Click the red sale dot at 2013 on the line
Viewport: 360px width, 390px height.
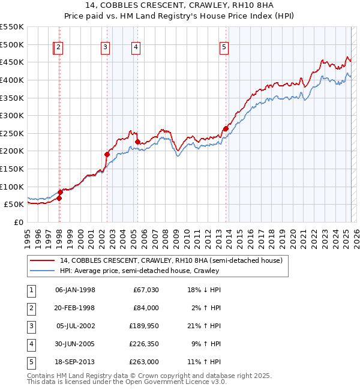point(226,128)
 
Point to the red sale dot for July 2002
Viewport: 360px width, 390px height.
point(107,154)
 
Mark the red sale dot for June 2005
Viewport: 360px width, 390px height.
point(138,142)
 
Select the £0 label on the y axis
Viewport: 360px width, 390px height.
point(18,222)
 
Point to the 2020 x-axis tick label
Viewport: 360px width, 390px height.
point(293,235)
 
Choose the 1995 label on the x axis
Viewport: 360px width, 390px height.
point(28,235)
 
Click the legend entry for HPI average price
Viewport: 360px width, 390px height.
point(139,271)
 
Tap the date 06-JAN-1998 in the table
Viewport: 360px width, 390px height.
point(74,290)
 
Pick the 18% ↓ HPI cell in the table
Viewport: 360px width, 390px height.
point(204,290)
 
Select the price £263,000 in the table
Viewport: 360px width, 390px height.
point(144,362)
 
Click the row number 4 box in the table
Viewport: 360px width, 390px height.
point(30,344)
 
